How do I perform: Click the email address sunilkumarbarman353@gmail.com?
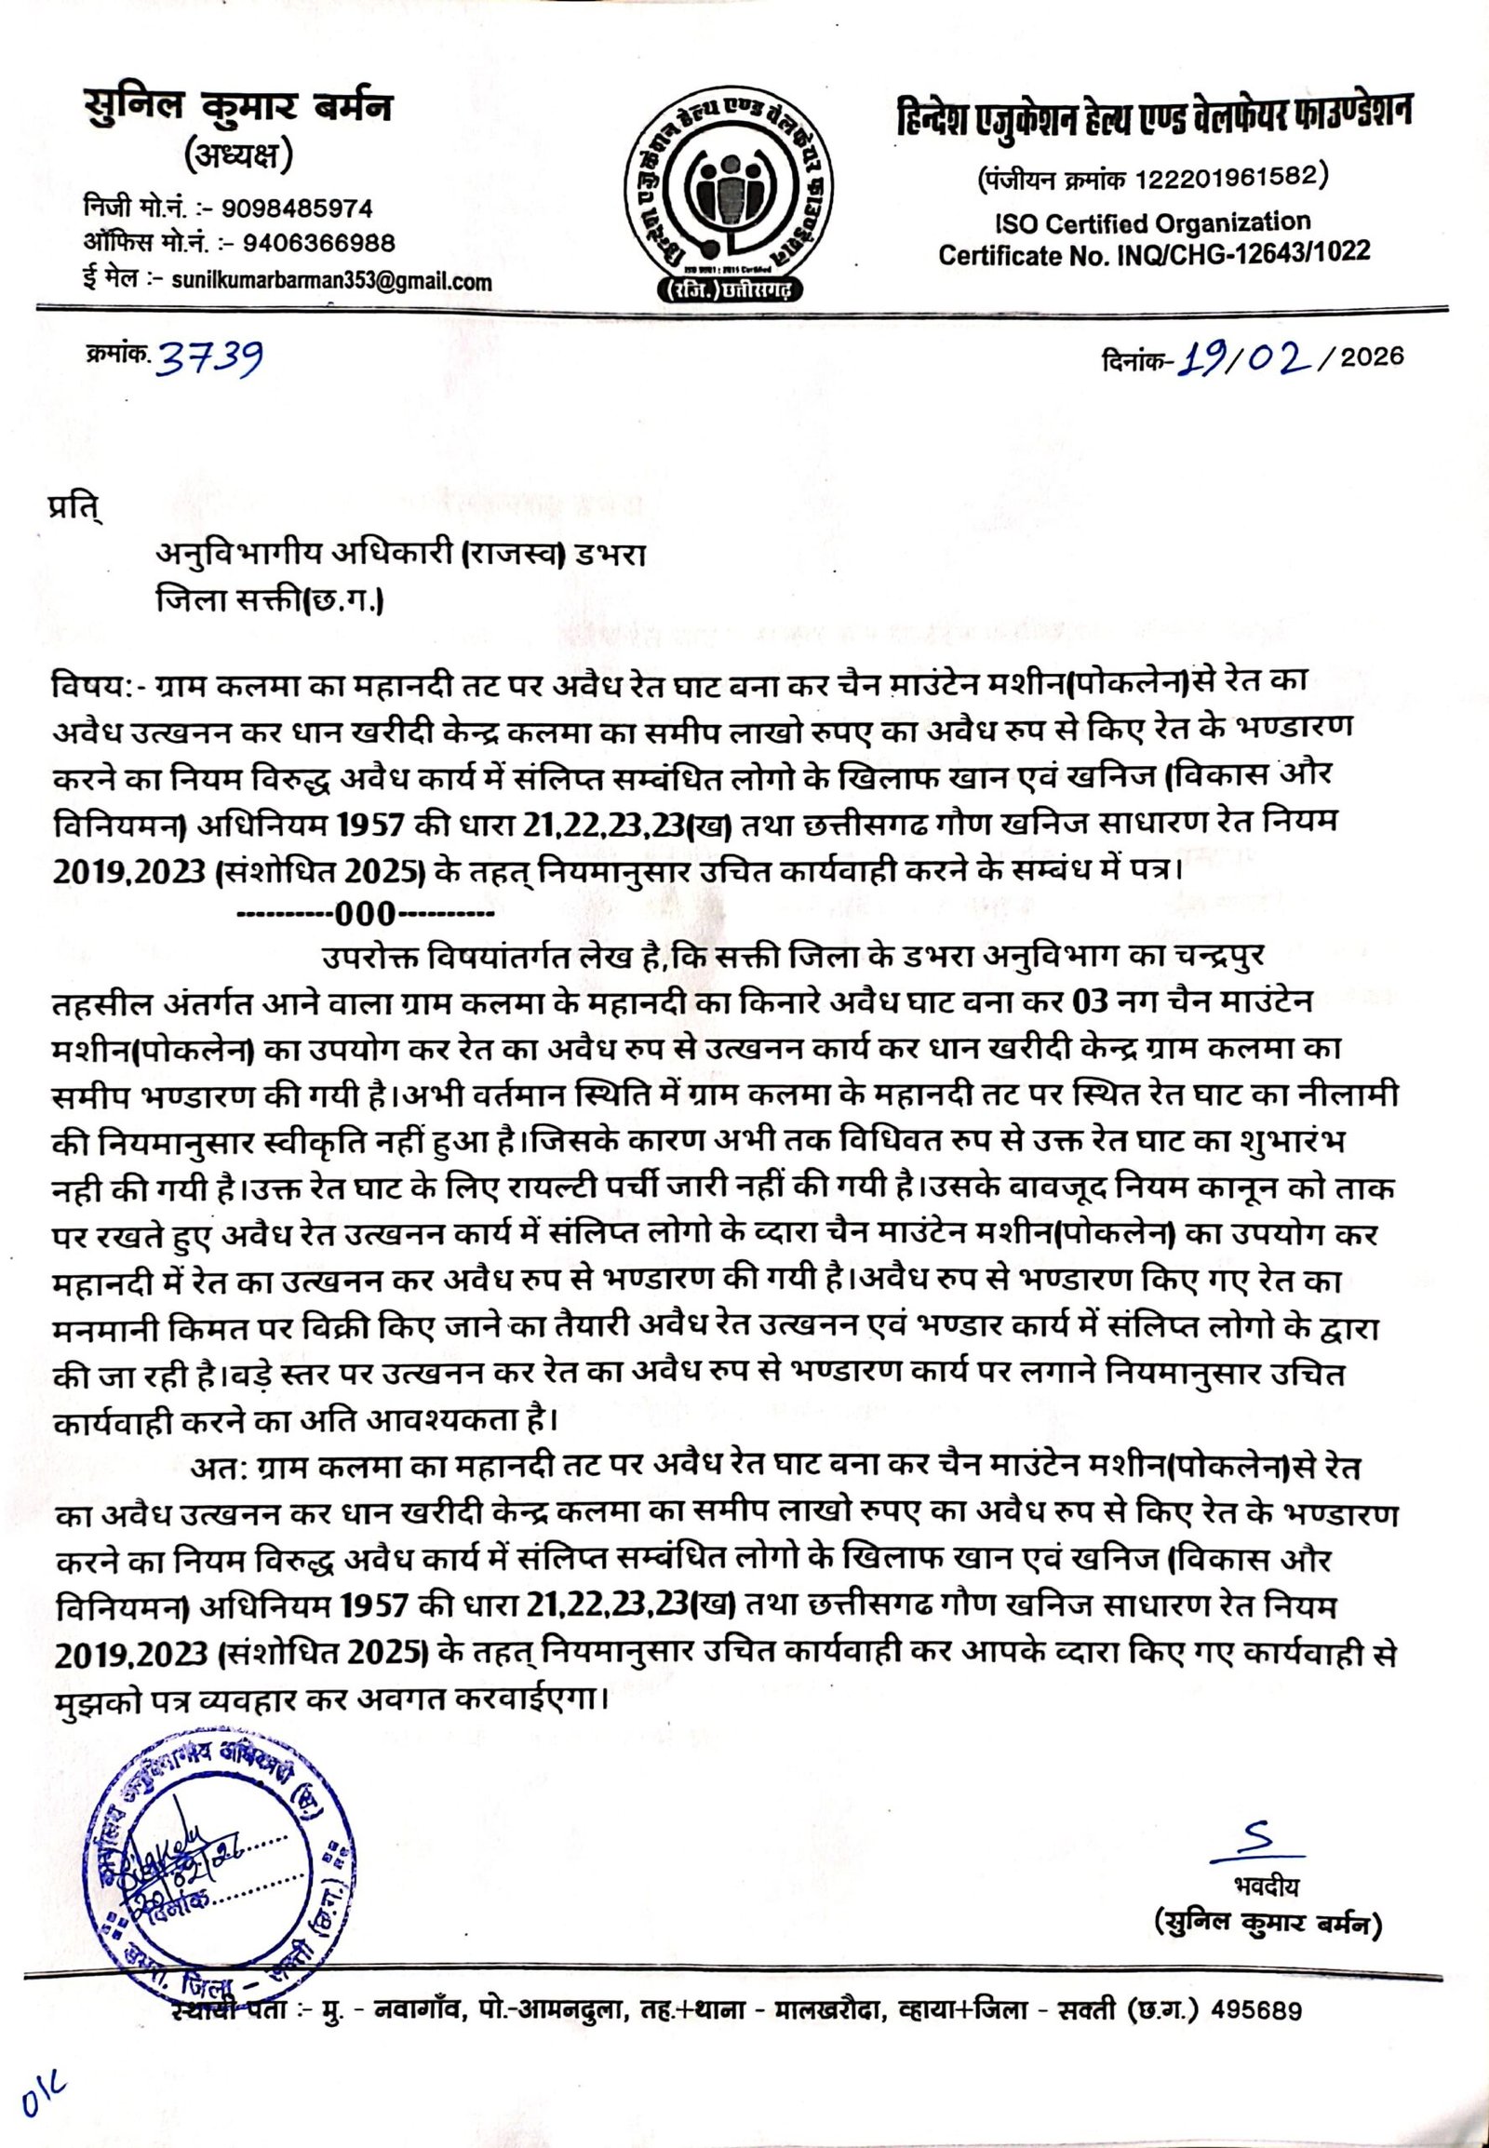(x=334, y=280)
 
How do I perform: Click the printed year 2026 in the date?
(x=1372, y=356)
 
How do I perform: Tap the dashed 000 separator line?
(x=367, y=911)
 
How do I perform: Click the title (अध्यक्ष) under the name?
(x=239, y=156)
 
